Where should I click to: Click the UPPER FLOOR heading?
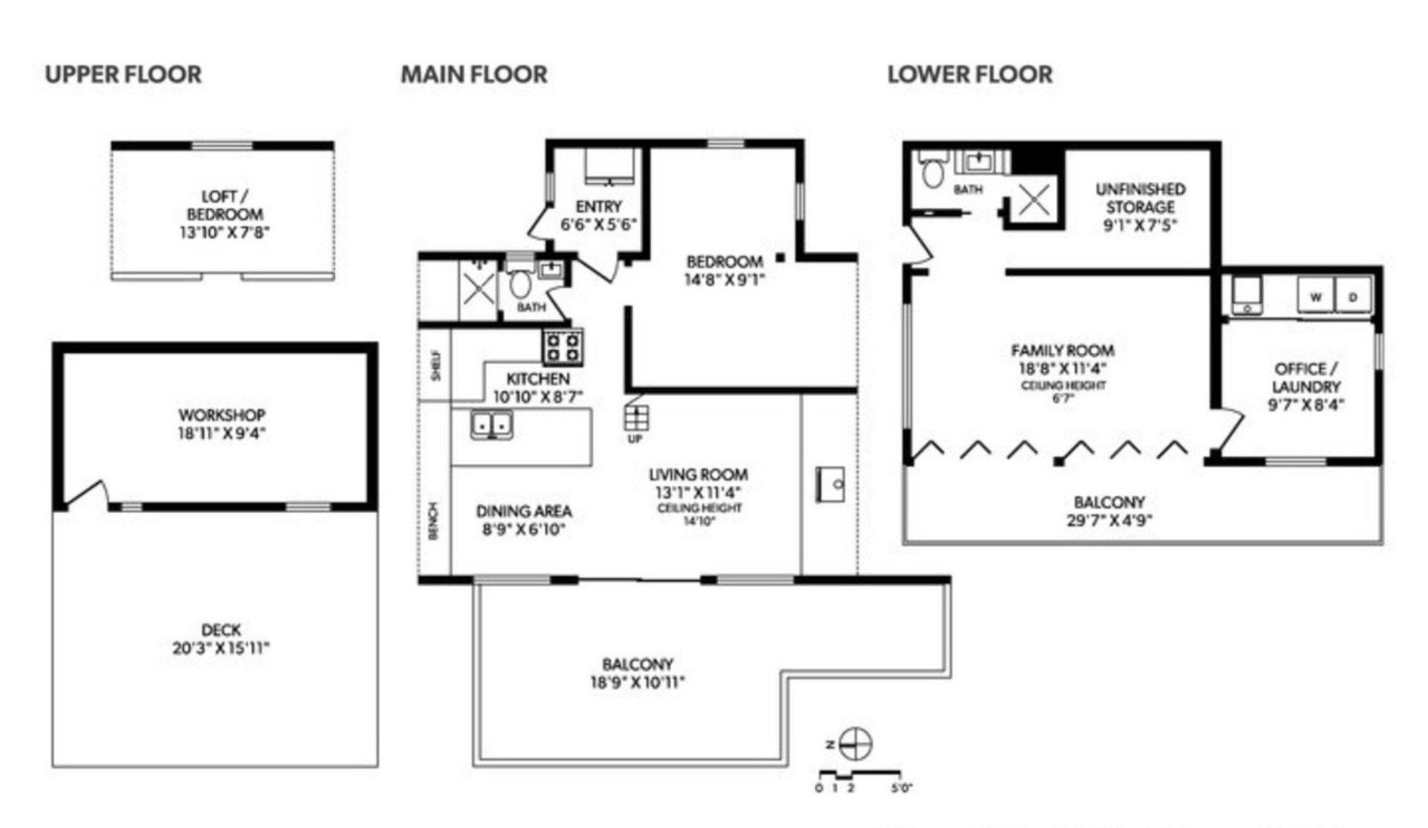point(123,74)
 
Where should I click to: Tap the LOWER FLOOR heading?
point(970,74)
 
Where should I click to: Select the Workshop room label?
point(222,415)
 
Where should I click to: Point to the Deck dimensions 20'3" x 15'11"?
point(221,648)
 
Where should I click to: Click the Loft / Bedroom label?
point(224,205)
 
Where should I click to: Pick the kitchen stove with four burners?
point(563,347)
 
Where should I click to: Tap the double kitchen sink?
point(491,425)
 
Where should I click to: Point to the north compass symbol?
point(855,743)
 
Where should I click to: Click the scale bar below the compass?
point(859,774)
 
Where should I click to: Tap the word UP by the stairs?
point(635,439)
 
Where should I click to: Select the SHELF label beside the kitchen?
point(436,365)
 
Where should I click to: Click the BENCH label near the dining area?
point(433,520)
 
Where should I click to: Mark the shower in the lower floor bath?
point(1033,200)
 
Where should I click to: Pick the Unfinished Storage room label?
point(1140,198)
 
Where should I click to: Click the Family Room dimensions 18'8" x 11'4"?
point(1063,369)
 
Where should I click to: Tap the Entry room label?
point(598,206)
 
